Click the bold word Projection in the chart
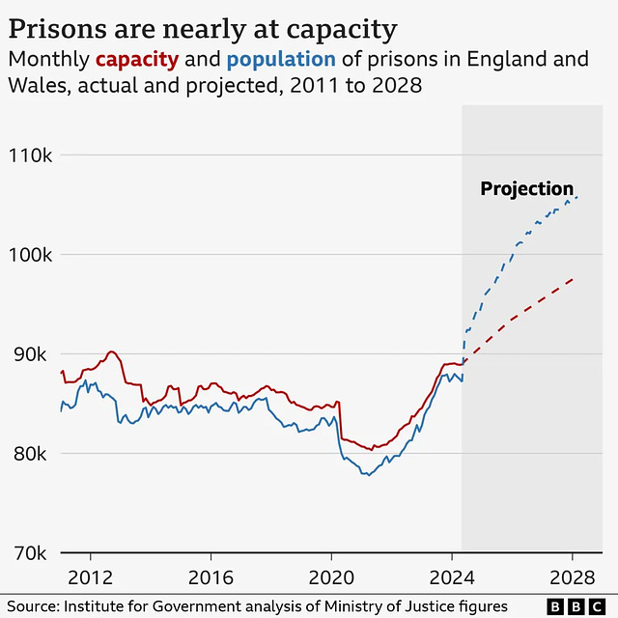526,189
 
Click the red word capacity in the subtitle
136,59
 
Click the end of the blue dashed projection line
577,197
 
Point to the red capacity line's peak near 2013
111,351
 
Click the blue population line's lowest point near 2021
367,475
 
